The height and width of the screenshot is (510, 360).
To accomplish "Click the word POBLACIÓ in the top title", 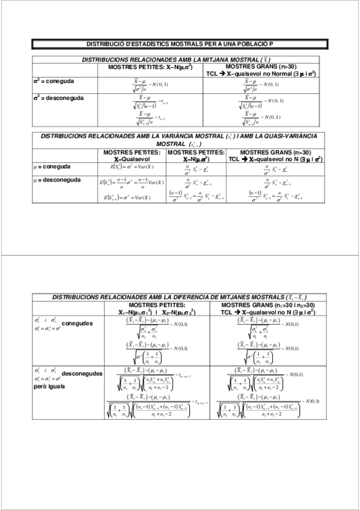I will [244, 45].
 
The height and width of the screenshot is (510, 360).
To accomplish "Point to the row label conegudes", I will [78, 324].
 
